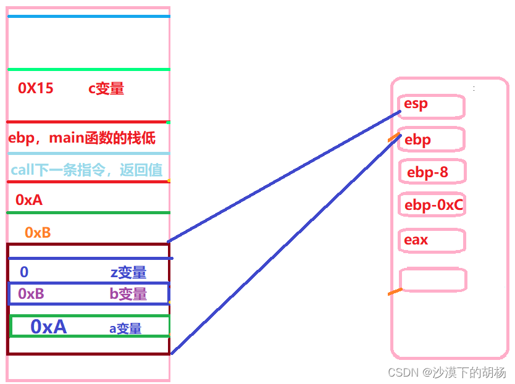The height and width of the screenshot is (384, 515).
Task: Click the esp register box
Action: click(x=432, y=106)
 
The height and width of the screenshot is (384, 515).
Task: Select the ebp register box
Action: click(x=432, y=140)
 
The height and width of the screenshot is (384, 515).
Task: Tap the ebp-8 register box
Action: click(x=432, y=172)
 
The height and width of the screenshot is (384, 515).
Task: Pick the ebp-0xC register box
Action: click(x=433, y=205)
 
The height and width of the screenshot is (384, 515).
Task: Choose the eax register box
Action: click(x=433, y=240)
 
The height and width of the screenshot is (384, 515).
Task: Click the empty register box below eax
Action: click(x=433, y=279)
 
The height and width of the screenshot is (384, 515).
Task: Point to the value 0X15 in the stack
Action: click(x=36, y=88)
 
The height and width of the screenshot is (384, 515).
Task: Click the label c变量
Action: click(x=106, y=89)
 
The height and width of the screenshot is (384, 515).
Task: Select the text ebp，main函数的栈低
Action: click(x=82, y=138)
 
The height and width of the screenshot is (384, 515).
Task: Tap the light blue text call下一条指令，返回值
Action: click(x=86, y=169)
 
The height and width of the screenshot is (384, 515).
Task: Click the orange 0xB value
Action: click(x=38, y=233)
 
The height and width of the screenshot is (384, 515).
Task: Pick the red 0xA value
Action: click(x=29, y=199)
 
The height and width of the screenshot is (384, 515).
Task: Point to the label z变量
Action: click(x=128, y=272)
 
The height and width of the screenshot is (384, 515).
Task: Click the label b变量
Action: click(x=128, y=294)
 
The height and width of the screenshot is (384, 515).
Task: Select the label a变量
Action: click(x=125, y=328)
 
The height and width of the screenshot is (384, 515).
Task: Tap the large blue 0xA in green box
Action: click(x=48, y=327)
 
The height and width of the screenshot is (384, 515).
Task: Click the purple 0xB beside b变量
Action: click(x=31, y=294)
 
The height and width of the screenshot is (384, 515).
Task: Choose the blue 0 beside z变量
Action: click(x=24, y=272)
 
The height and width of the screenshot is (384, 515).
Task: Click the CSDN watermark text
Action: click(x=446, y=373)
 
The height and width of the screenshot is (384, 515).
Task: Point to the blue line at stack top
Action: click(x=88, y=16)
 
